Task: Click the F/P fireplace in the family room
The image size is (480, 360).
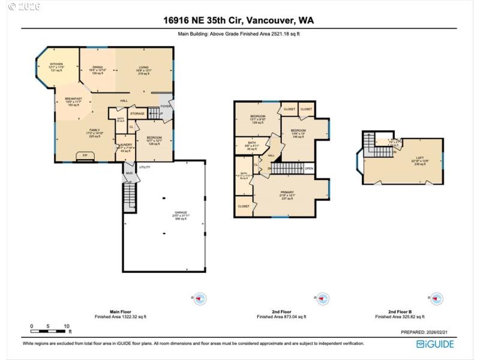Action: (85, 157)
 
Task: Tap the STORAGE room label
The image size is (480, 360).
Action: (137, 113)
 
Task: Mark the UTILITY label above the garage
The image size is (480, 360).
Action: (145, 167)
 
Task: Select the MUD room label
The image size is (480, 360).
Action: (128, 175)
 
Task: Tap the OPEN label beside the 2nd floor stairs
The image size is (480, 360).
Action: (309, 169)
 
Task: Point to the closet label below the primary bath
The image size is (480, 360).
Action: (244, 206)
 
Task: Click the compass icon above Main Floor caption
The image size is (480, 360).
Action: (199, 299)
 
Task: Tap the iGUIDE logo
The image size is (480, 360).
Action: (435, 344)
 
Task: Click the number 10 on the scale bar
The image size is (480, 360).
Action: (67, 326)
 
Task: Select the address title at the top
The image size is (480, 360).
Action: (239, 20)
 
